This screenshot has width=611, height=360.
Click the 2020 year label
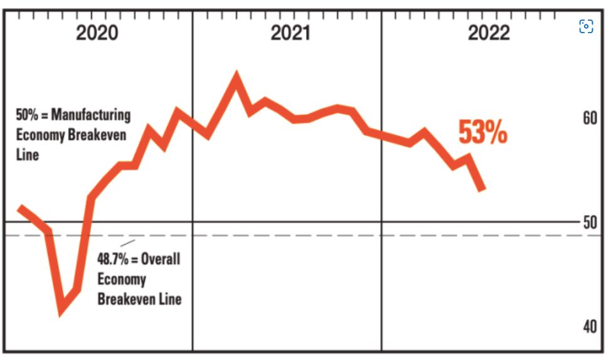point(97,33)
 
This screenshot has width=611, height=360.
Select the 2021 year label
point(290,33)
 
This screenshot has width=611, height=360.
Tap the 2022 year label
point(489,33)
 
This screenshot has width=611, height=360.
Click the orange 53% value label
point(482,133)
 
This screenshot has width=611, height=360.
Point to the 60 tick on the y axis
point(590,119)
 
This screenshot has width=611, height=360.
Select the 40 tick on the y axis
point(590,327)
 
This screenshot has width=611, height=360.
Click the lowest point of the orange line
point(61,310)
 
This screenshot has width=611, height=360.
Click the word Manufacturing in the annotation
point(91,115)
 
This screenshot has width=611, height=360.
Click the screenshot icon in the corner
point(586,26)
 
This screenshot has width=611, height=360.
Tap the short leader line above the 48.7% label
point(128,242)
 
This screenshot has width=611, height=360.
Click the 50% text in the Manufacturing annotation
point(26,115)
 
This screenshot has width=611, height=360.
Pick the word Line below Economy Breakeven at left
point(28,154)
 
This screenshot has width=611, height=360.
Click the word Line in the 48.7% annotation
point(171,299)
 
